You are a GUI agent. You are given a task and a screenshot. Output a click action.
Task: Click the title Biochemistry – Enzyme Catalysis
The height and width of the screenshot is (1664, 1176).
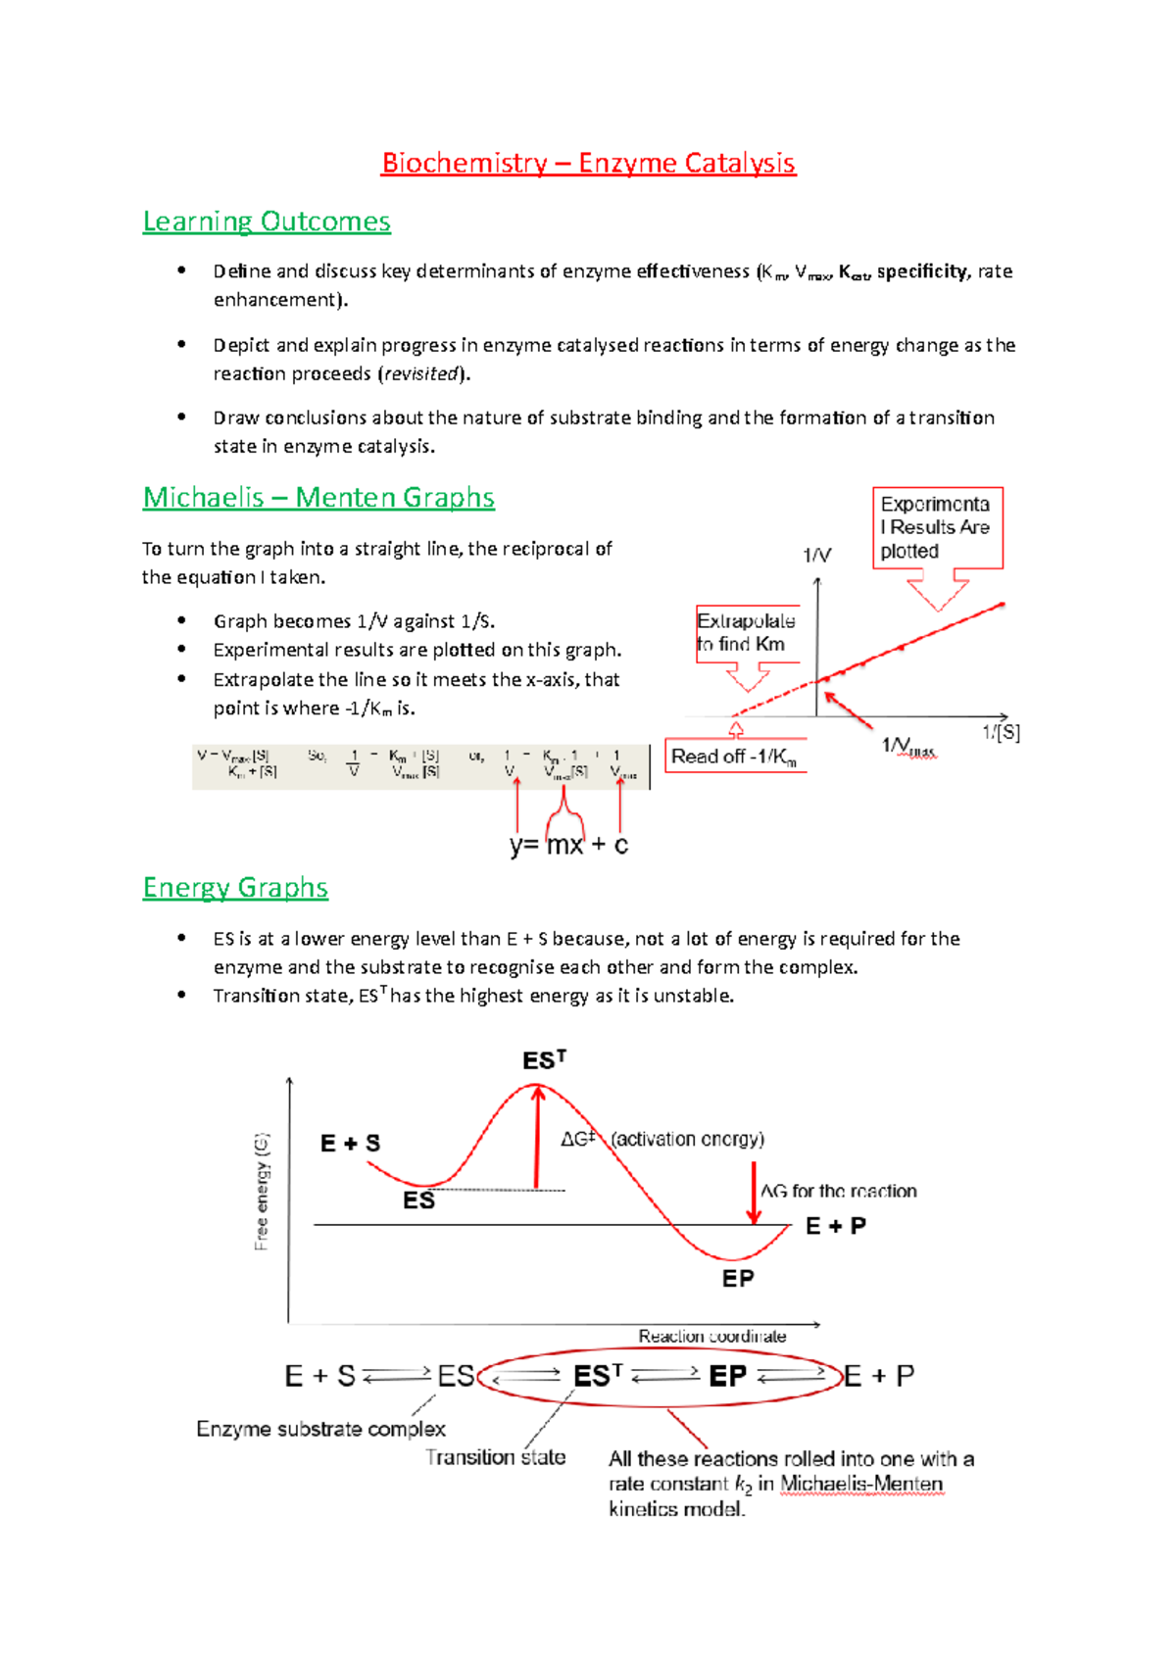coord(588,163)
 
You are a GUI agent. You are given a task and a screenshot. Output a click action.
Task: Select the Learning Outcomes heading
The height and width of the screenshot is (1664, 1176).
coord(267,221)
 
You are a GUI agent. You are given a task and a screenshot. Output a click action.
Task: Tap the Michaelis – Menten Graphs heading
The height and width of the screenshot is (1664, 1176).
coord(318,498)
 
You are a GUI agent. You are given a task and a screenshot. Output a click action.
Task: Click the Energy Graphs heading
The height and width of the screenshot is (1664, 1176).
coord(235,888)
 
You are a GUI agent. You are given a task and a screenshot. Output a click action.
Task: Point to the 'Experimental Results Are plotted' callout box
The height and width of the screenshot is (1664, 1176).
coord(937,527)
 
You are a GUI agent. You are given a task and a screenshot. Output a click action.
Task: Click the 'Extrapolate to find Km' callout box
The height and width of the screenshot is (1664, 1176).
coord(747,633)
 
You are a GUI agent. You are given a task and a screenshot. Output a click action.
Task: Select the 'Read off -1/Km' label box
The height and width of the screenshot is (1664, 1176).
coord(735,757)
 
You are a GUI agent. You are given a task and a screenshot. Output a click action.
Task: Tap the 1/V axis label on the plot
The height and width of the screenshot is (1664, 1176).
coord(816,556)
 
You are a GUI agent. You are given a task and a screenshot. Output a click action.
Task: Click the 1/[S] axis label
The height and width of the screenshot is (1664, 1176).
coord(1001,732)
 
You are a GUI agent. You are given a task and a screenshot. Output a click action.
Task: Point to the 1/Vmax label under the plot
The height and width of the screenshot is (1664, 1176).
coord(908,747)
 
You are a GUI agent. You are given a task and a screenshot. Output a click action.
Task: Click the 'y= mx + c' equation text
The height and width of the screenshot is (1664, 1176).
coord(568,845)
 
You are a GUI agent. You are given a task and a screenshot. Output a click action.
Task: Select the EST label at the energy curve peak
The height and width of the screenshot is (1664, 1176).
coord(544,1060)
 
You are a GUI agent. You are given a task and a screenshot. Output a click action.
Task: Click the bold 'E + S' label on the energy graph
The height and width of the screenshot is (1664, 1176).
coord(350,1143)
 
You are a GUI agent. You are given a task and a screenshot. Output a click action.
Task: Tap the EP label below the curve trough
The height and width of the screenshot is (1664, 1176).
coord(738,1279)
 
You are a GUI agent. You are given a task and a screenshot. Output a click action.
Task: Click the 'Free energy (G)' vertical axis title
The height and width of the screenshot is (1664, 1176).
coord(262,1192)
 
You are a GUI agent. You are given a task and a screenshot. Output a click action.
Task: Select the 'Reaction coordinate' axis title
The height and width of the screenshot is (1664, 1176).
coord(711,1336)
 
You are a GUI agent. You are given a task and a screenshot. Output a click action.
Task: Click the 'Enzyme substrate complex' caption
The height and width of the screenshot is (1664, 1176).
coord(320,1429)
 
